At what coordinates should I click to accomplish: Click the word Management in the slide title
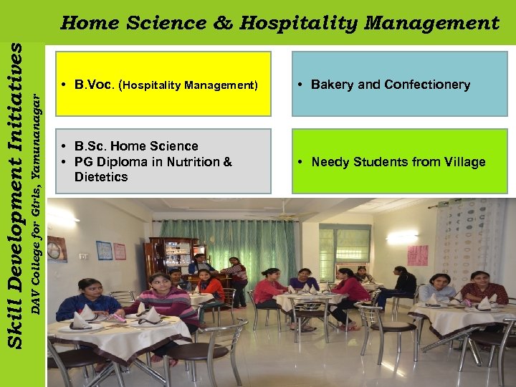coord(431,24)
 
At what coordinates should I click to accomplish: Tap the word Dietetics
coord(101,177)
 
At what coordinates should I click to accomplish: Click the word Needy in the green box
coord(329,162)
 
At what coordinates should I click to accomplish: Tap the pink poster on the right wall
coord(418,255)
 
